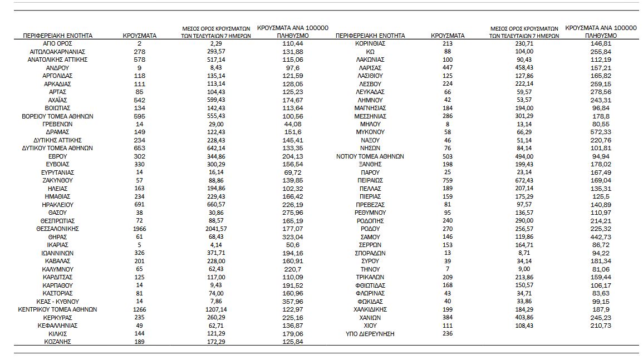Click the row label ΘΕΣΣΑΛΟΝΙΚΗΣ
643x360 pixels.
tap(57, 229)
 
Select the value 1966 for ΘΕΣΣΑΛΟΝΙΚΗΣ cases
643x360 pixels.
tap(139, 229)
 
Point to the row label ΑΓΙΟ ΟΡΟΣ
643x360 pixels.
tap(57, 43)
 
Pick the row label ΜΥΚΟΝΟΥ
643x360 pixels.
tap(370, 132)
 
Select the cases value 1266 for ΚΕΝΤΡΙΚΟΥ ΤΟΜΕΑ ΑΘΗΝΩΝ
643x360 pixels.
tap(139, 309)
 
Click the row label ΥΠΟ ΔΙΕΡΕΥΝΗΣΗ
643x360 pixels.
tap(370, 334)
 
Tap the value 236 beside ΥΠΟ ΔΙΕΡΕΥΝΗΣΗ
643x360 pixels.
tap(447, 334)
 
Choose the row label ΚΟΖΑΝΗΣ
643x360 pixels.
tap(57, 342)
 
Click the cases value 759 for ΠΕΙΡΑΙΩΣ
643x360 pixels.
tap(447, 180)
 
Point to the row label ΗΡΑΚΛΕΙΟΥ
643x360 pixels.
tap(57, 205)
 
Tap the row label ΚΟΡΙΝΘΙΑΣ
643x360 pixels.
tap(370, 43)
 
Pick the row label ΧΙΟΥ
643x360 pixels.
tap(370, 326)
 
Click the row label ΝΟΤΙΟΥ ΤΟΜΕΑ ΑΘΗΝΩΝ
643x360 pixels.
tap(370, 156)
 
